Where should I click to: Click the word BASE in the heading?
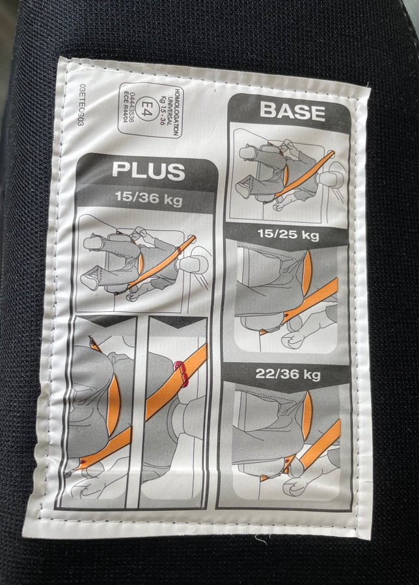coord(292,112)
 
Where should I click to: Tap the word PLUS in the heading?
coord(148,170)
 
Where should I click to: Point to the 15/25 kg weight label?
coord(288,235)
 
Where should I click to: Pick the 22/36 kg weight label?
coord(288,374)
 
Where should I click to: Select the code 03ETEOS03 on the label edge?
coord(81,105)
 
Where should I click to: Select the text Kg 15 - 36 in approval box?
coord(163,109)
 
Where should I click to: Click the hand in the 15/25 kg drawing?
coord(295,339)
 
